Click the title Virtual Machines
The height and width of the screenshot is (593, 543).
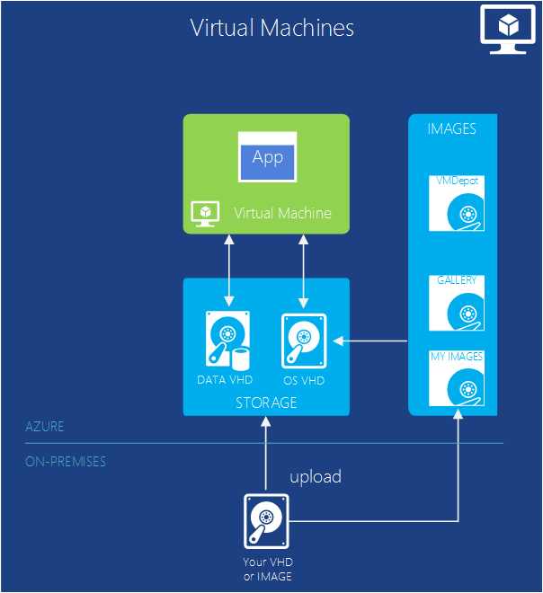pyautogui.click(x=271, y=28)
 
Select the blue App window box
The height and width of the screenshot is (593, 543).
pyautogui.click(x=267, y=158)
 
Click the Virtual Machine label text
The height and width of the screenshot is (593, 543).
pyautogui.click(x=282, y=213)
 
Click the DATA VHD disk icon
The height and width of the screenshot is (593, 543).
pyautogui.click(x=226, y=341)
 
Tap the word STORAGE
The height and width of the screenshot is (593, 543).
pyautogui.click(x=265, y=403)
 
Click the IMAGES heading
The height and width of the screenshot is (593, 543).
pyautogui.click(x=451, y=129)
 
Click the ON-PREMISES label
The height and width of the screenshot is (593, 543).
pyautogui.click(x=66, y=462)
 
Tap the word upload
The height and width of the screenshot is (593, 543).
pyautogui.click(x=316, y=477)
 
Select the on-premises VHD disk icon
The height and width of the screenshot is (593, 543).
pyautogui.click(x=266, y=522)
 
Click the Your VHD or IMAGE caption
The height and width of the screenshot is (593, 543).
pyautogui.click(x=267, y=570)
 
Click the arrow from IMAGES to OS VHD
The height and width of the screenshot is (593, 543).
pyautogui.click(x=370, y=341)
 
